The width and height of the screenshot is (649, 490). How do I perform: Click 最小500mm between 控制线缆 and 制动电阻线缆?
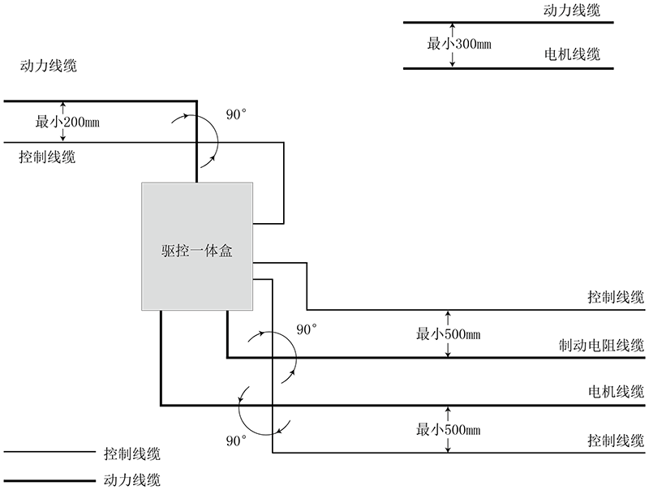(449, 333)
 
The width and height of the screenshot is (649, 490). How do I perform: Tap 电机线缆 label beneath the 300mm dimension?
(572, 56)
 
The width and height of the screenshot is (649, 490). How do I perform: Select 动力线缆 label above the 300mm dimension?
(572, 11)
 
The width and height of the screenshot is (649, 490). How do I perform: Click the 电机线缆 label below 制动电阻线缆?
(617, 393)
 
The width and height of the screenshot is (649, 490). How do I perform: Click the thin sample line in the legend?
(49, 452)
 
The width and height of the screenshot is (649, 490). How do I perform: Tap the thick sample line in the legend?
(49, 479)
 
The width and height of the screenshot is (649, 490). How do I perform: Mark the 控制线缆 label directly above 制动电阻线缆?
(617, 297)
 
